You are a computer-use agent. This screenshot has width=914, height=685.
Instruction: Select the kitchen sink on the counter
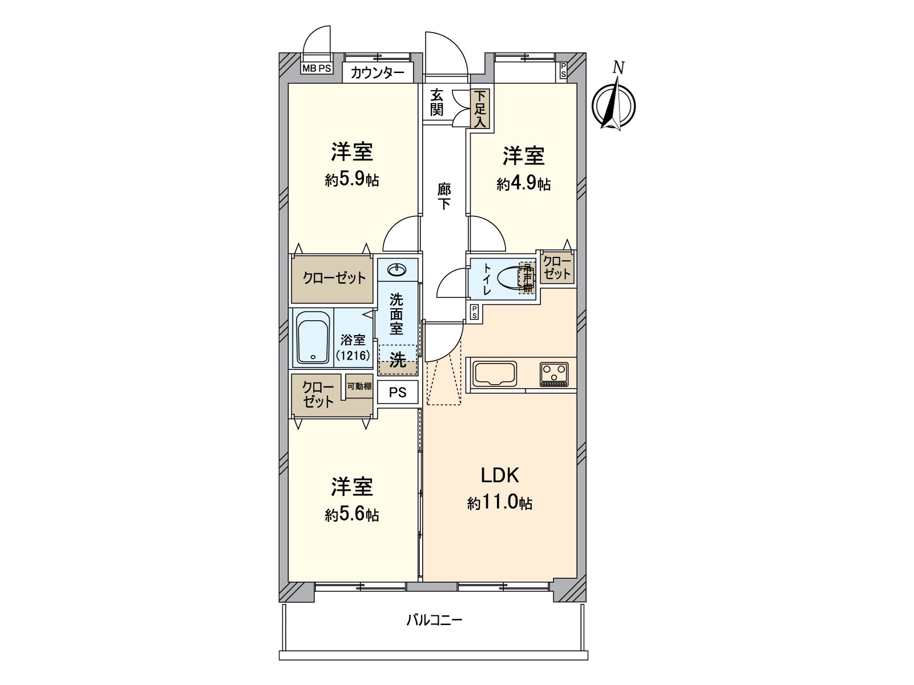(x=495, y=374)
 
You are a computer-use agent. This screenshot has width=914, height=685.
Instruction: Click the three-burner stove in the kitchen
(x=554, y=374)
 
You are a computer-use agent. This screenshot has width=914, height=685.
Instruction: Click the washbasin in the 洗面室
(x=397, y=268)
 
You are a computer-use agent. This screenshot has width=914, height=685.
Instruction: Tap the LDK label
(x=499, y=475)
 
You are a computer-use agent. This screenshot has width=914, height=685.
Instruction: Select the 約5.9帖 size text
(x=352, y=180)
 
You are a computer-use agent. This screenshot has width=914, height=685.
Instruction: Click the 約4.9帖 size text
(x=523, y=184)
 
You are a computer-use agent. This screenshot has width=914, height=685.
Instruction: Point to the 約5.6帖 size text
(x=352, y=514)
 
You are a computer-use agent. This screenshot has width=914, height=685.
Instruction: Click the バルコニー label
(x=434, y=620)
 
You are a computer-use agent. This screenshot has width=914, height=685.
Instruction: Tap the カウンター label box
(x=378, y=72)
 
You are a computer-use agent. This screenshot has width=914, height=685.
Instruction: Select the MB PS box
(x=316, y=68)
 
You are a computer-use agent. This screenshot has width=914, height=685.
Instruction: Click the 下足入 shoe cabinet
(x=480, y=108)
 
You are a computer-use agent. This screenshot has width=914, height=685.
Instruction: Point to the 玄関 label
(x=437, y=102)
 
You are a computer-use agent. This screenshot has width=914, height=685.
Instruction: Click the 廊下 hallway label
(x=444, y=196)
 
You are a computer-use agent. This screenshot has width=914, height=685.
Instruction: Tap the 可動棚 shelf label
(x=359, y=386)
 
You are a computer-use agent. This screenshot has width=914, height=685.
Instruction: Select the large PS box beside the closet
(x=398, y=392)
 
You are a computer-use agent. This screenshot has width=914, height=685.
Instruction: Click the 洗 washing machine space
(x=398, y=360)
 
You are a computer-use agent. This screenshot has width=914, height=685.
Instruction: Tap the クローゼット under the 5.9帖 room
(x=333, y=279)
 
